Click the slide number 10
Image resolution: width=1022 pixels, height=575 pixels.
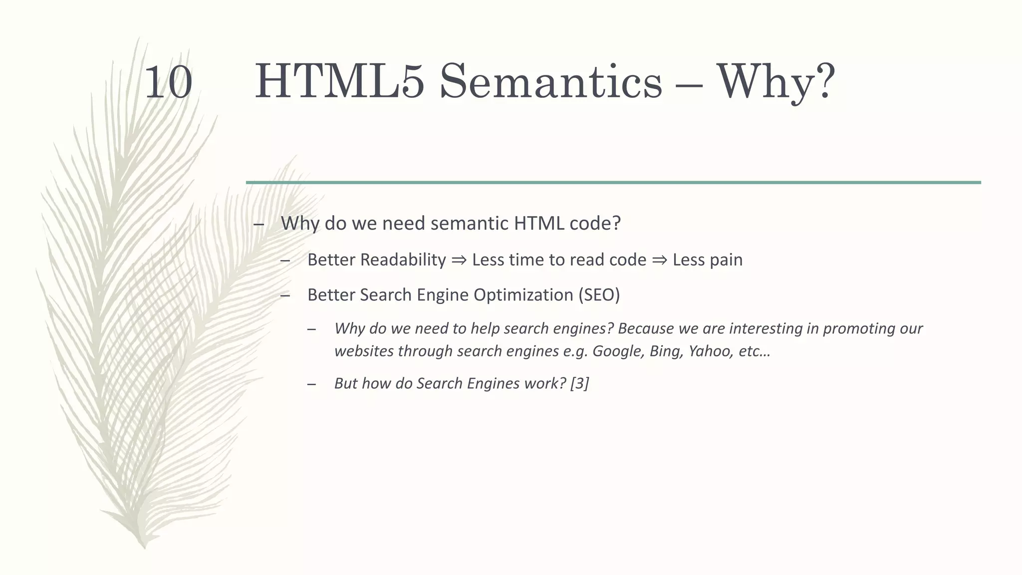pyautogui.click(x=168, y=82)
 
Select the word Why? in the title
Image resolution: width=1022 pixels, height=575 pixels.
pyautogui.click(x=776, y=82)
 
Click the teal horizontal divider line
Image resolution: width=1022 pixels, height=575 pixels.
pyautogui.click(x=613, y=183)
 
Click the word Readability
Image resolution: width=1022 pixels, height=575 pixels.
pyautogui.click(x=403, y=260)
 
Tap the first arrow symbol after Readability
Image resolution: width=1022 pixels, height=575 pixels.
pyautogui.click(x=459, y=260)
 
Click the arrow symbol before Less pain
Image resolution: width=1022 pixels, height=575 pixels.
pyautogui.click(x=659, y=260)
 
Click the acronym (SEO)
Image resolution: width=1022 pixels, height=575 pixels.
pyautogui.click(x=599, y=295)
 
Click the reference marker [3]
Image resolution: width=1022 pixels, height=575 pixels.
pyautogui.click(x=579, y=383)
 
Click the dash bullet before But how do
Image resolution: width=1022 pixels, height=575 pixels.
pyautogui.click(x=312, y=384)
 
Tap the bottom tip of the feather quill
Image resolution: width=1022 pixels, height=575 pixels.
pyautogui.click(x=144, y=547)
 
